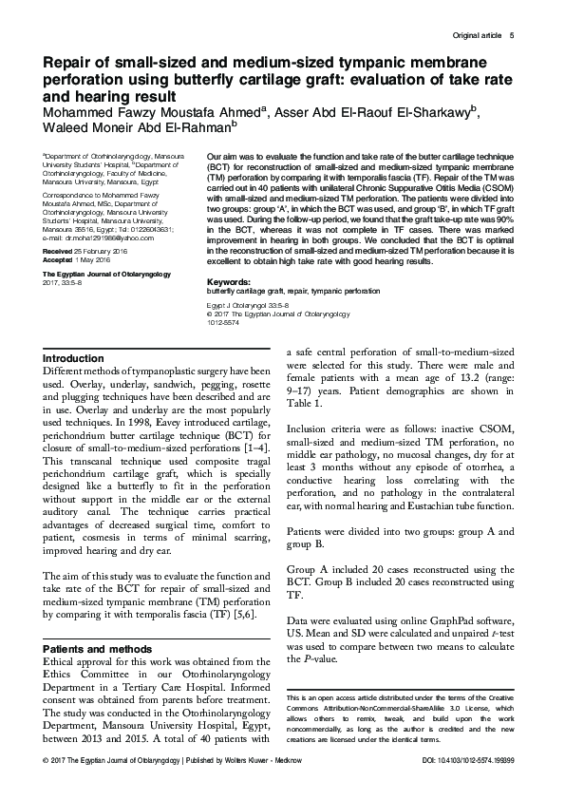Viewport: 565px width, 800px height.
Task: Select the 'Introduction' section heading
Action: coord(74,358)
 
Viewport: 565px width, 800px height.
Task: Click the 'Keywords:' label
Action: coord(228,256)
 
